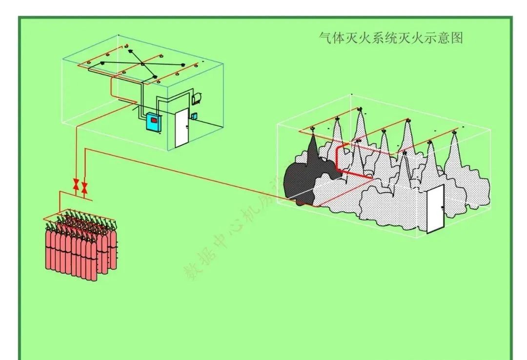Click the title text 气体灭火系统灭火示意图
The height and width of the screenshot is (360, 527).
coord(390,38)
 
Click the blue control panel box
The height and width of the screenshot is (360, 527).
coord(154,122)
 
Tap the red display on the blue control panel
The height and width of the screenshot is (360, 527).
coord(154,120)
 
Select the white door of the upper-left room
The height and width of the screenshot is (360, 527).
coord(182,128)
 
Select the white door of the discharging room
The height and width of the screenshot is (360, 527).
coord(435,209)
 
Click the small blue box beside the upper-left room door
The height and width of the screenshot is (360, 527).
coord(195,116)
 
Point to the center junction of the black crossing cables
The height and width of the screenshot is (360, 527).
coord(142,64)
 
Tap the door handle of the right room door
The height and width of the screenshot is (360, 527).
coord(441,208)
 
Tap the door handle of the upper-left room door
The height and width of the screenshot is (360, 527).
coord(186,127)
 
